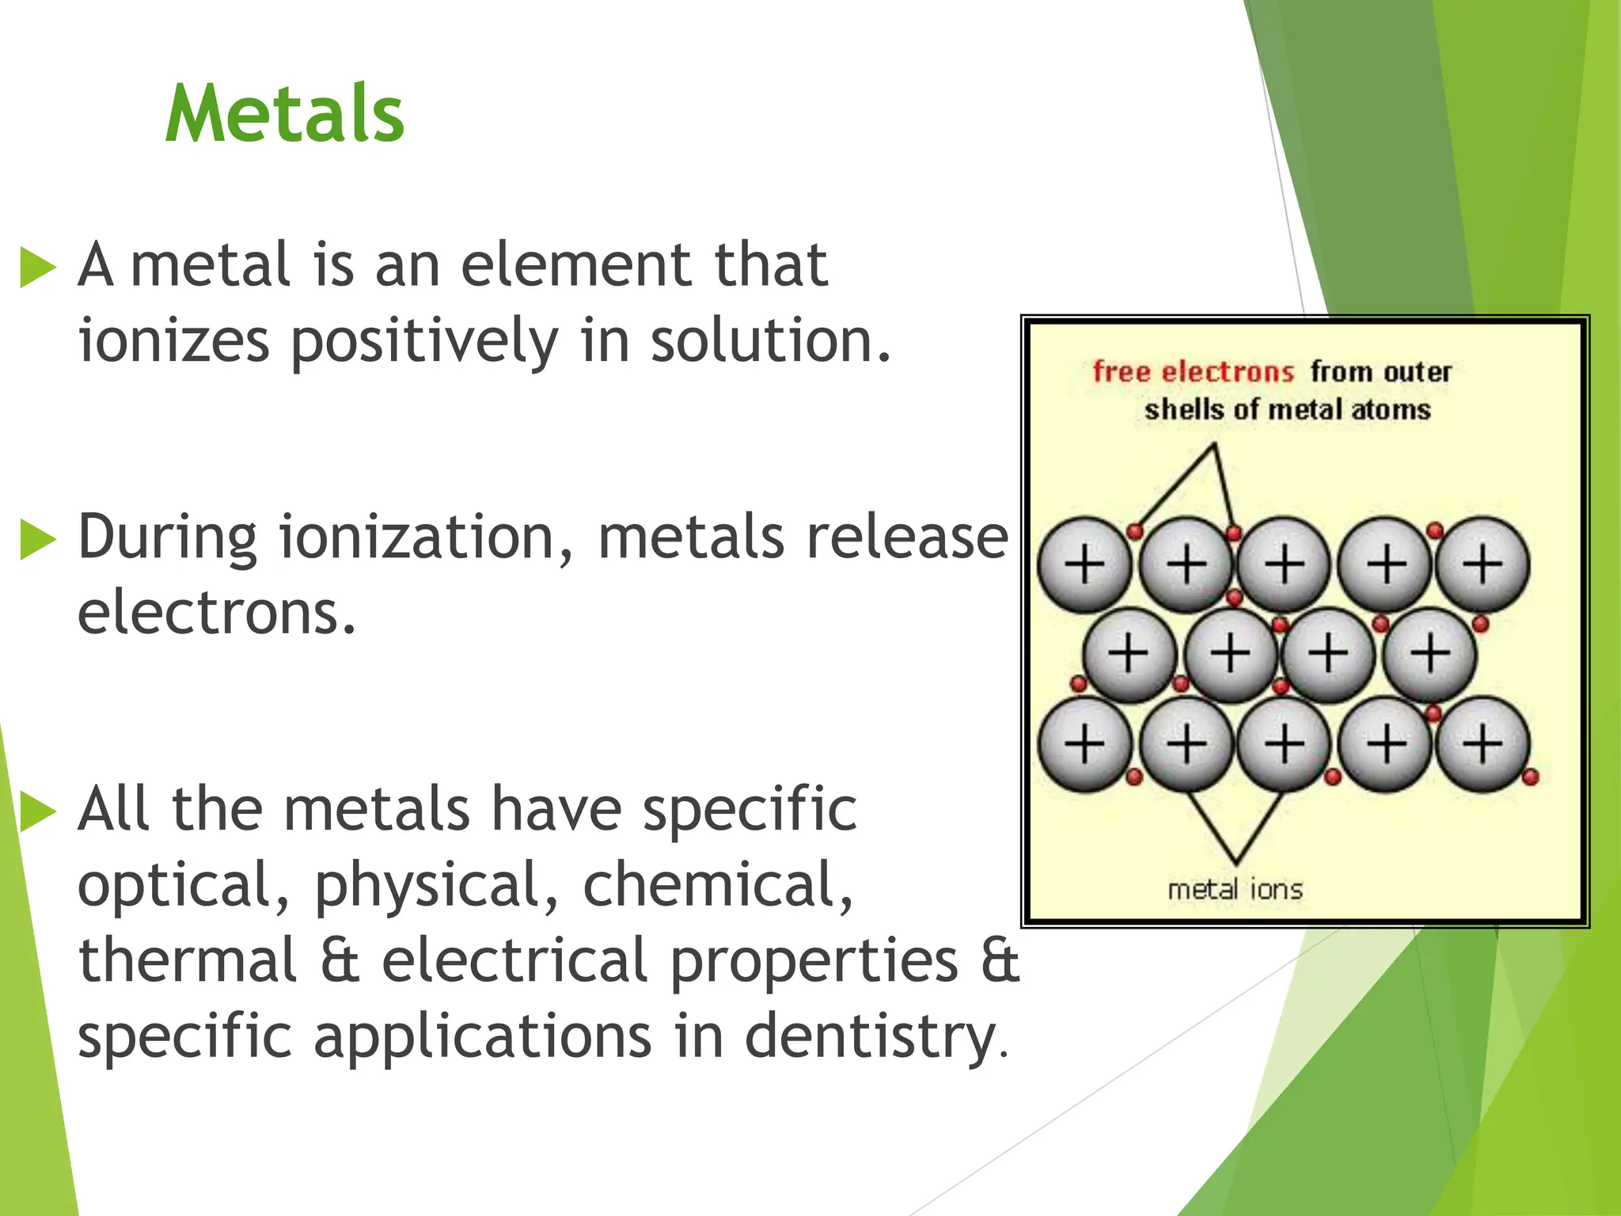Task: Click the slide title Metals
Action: (x=285, y=114)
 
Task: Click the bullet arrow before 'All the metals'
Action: (x=37, y=812)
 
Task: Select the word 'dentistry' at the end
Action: (x=871, y=1037)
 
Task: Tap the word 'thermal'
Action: (x=188, y=960)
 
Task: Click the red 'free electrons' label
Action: (x=1193, y=371)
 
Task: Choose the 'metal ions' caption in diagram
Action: (x=1235, y=889)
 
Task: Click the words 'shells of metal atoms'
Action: (x=1287, y=409)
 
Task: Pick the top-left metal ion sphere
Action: (x=1084, y=564)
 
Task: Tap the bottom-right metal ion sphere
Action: (x=1482, y=744)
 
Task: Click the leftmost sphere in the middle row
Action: (x=1128, y=654)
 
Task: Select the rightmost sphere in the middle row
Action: (x=1429, y=654)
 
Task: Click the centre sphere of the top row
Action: (x=1284, y=564)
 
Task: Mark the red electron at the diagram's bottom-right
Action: (x=1530, y=777)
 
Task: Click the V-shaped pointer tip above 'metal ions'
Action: (x=1236, y=861)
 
